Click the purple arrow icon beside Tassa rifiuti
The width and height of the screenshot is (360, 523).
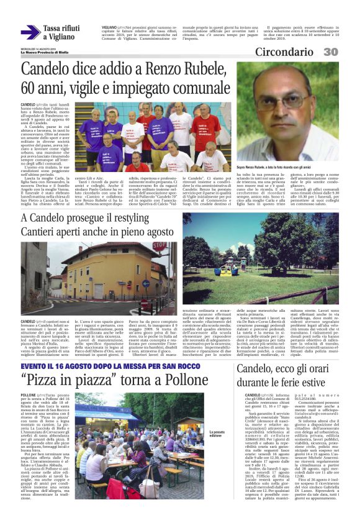(x=30, y=32)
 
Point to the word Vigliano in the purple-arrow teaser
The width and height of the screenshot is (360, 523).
(x=66, y=37)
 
